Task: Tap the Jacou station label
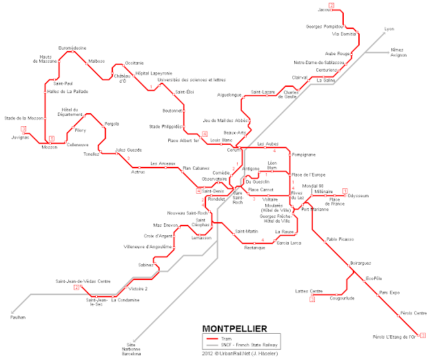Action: tap(325, 10)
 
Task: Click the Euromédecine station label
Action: tap(72, 47)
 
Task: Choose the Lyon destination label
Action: tap(389, 29)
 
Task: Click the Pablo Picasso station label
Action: tap(340, 239)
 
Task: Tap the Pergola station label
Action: tap(112, 123)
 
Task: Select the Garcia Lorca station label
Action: tap(289, 243)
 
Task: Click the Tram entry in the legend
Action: tap(225, 339)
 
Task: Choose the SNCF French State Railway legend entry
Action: tap(249, 345)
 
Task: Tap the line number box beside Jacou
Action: tap(331, 6)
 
